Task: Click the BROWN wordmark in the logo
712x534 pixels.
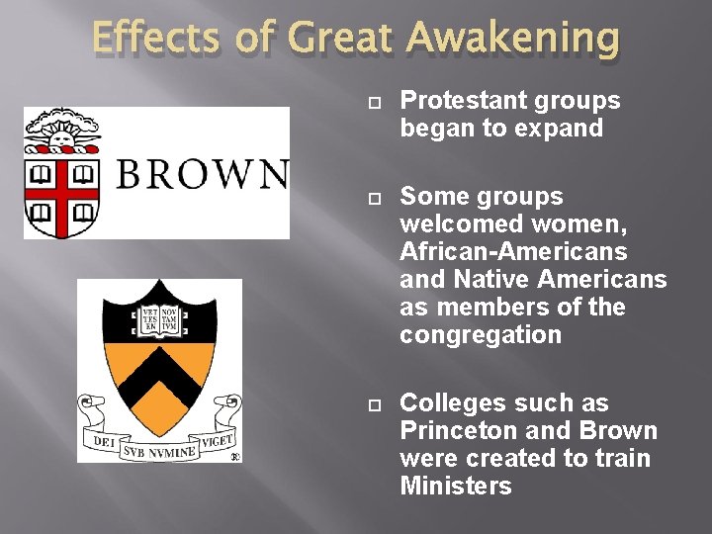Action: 202,174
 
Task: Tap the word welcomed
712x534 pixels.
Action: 450,224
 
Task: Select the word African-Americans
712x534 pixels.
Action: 513,252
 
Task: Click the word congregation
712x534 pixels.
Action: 481,335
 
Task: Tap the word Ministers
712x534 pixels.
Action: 456,487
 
